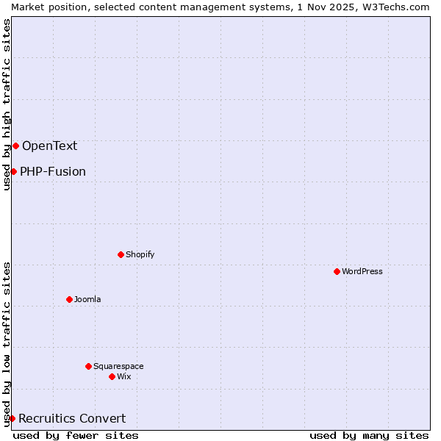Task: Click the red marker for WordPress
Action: click(337, 271)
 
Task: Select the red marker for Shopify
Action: click(121, 254)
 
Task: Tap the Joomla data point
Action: click(70, 299)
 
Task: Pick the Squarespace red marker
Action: click(89, 366)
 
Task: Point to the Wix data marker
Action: click(112, 376)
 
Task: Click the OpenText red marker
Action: click(15, 146)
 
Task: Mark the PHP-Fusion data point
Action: click(13, 171)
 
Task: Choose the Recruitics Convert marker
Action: click(12, 418)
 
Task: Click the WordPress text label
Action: click(362, 271)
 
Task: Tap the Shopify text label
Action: click(140, 254)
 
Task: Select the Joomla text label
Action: click(87, 299)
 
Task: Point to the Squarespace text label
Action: click(118, 366)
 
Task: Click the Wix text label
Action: click(124, 376)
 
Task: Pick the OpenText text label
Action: click(49, 146)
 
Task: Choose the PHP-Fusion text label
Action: click(53, 171)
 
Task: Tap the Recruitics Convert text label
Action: click(72, 418)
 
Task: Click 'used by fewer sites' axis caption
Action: click(76, 435)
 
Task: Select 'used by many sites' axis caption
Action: click(369, 435)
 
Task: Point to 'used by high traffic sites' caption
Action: click(7, 104)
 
